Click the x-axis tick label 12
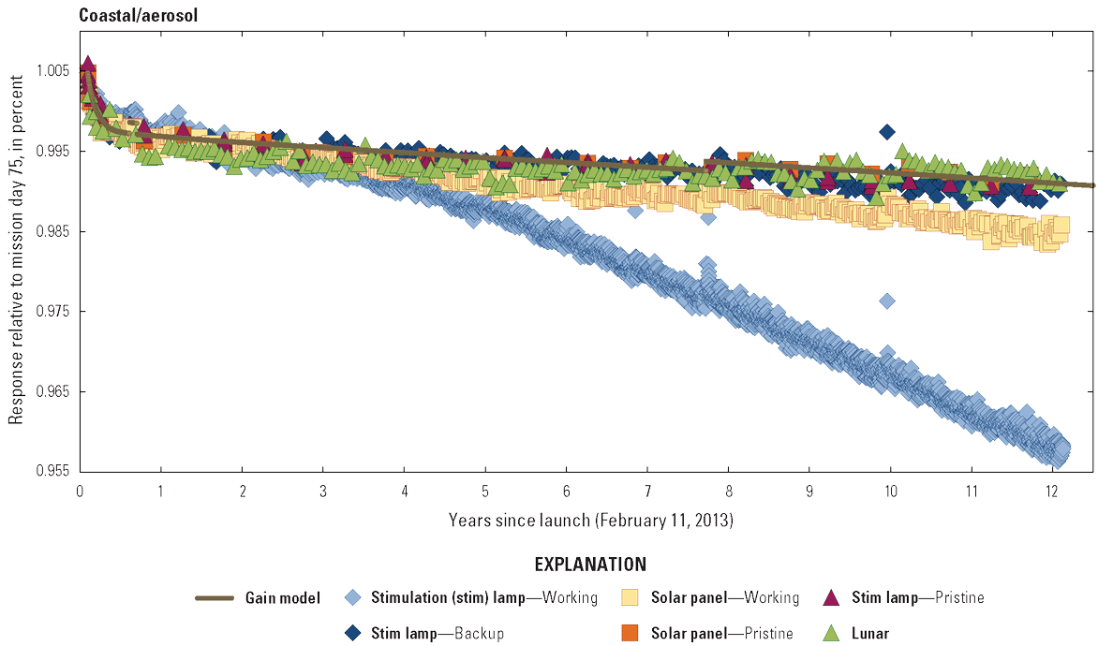pyautogui.click(x=1052, y=491)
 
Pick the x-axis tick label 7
pyautogui.click(x=647, y=491)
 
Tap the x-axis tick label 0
pyautogui.click(x=80, y=491)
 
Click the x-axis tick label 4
pyautogui.click(x=404, y=491)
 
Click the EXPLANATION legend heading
pyautogui.click(x=590, y=565)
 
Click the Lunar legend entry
pyautogui.click(x=870, y=634)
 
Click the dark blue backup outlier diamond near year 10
pyautogui.click(x=887, y=131)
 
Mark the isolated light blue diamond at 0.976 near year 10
pyautogui.click(x=886, y=301)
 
